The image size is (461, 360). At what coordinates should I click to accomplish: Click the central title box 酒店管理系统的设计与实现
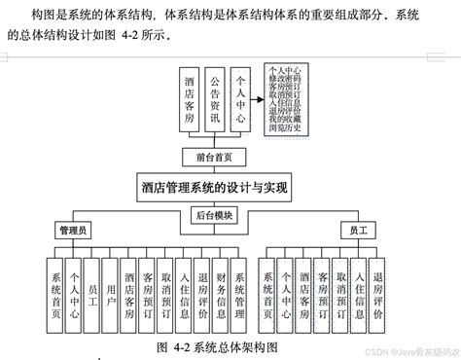(x=215, y=185)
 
